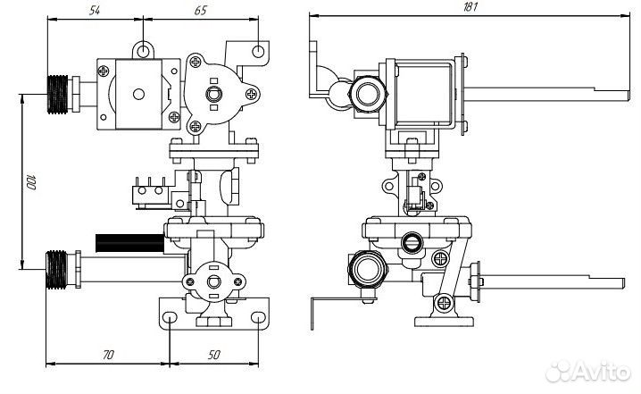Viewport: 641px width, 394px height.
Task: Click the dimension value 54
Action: click(95, 10)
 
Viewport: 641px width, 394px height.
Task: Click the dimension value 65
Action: click(200, 10)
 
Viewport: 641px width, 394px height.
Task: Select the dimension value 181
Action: click(470, 7)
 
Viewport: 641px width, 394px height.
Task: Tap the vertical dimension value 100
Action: click(31, 182)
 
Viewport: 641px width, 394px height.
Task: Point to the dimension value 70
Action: click(108, 355)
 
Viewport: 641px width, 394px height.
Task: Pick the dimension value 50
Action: click(213, 355)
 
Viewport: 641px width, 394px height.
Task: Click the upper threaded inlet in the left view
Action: click(58, 94)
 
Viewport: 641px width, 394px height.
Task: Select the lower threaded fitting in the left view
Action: click(56, 270)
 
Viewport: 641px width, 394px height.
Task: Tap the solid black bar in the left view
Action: click(130, 243)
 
